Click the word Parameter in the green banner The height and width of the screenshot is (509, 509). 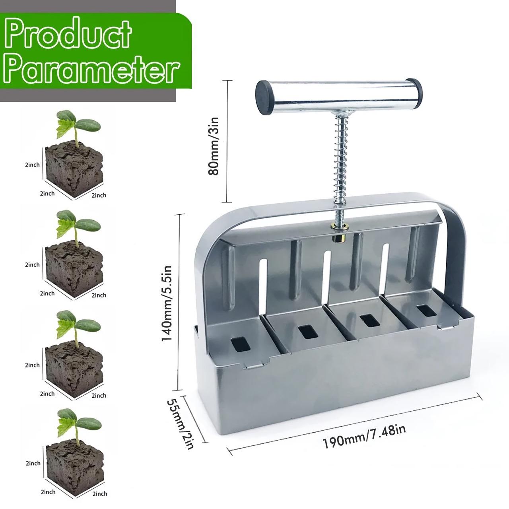click(92, 70)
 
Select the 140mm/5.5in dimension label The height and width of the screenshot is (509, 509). click(167, 303)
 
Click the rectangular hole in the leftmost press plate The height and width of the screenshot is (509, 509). click(240, 345)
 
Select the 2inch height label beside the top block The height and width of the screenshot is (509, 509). click(32, 165)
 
